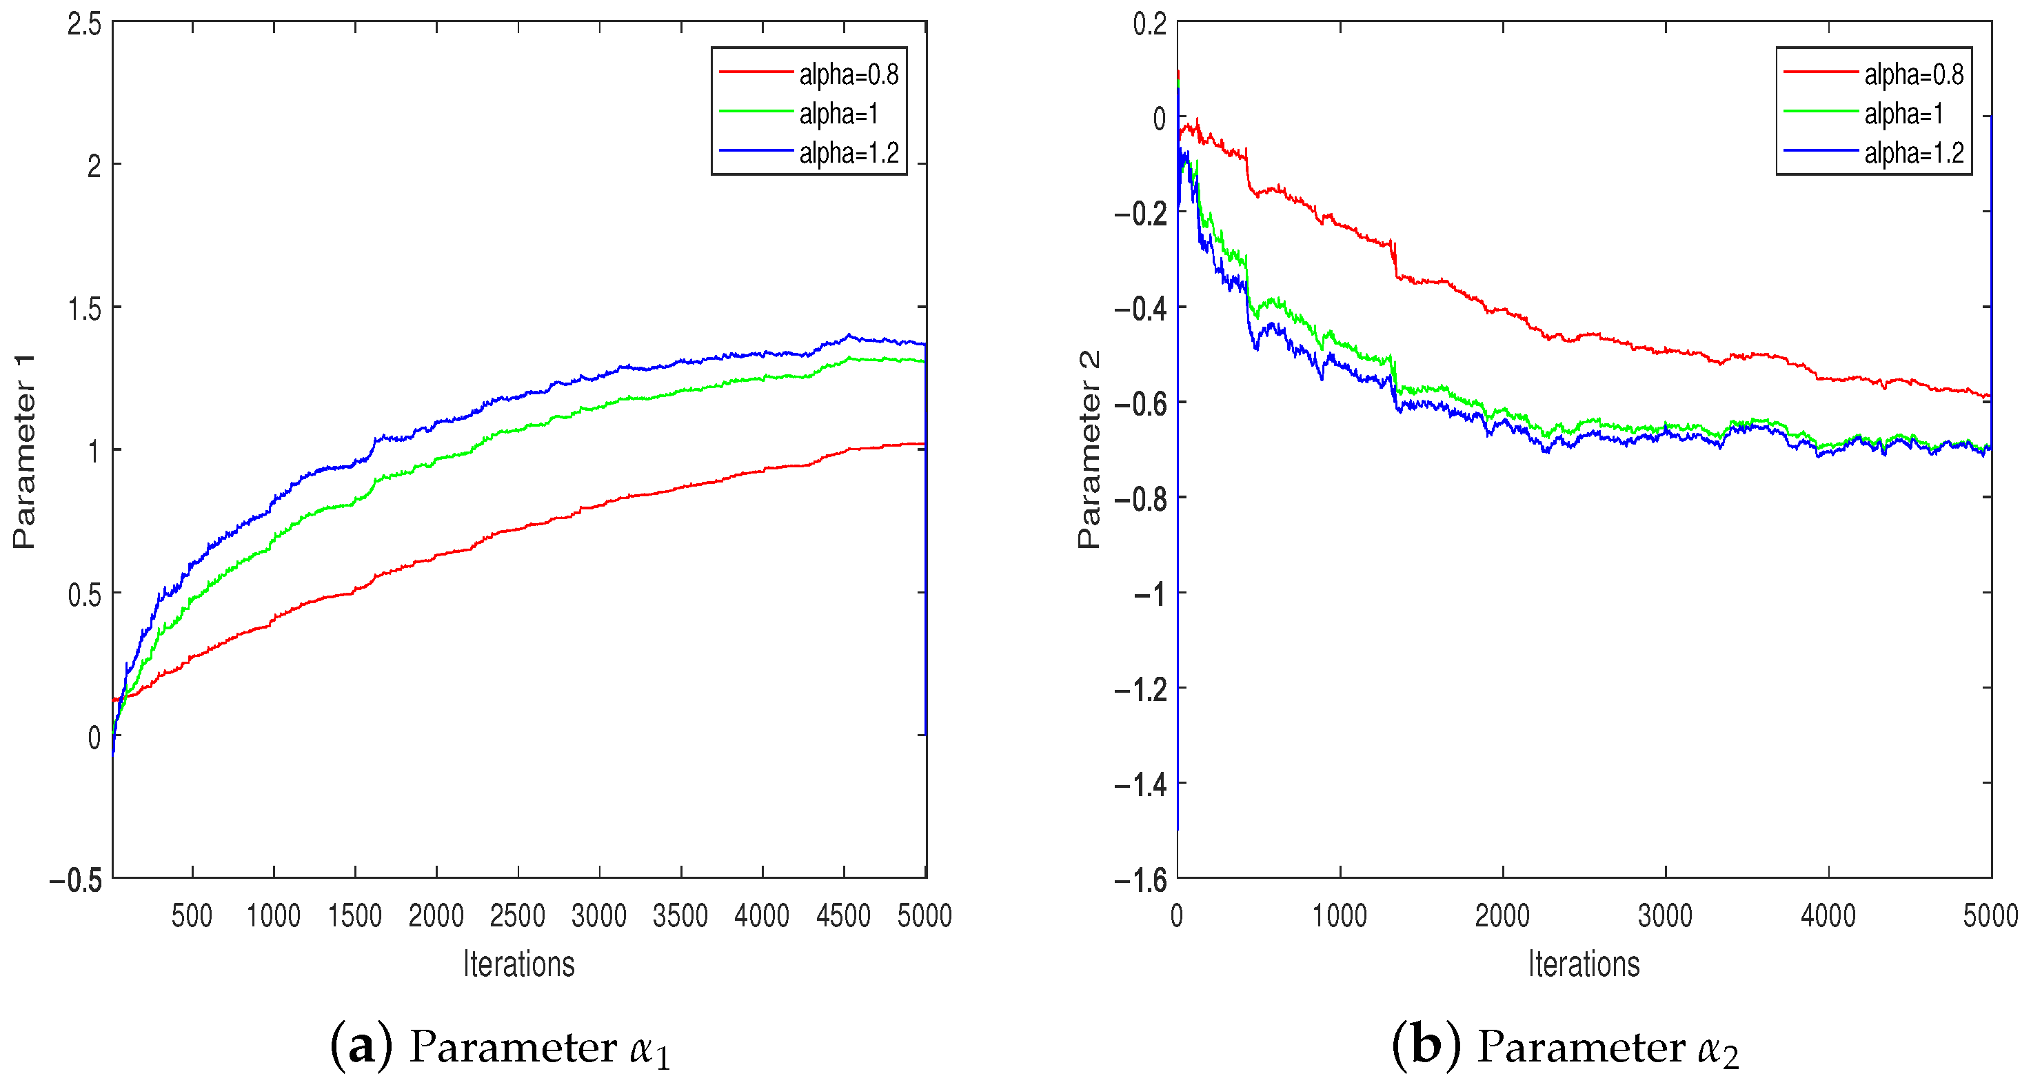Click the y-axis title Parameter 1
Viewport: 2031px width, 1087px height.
tap(23, 451)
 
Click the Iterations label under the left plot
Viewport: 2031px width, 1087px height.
tap(519, 964)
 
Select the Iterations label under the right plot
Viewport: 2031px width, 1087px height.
tap(1584, 964)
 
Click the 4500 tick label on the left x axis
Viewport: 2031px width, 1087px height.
tap(843, 916)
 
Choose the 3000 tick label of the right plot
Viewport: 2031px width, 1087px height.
tap(1665, 916)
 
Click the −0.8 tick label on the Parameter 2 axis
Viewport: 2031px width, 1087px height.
tap(1140, 499)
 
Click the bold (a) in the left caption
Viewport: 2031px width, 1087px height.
tap(361, 1047)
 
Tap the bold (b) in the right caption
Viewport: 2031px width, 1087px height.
tap(1426, 1047)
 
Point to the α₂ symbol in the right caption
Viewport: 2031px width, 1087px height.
tap(1718, 1050)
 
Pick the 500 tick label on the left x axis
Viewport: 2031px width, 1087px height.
tap(192, 916)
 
